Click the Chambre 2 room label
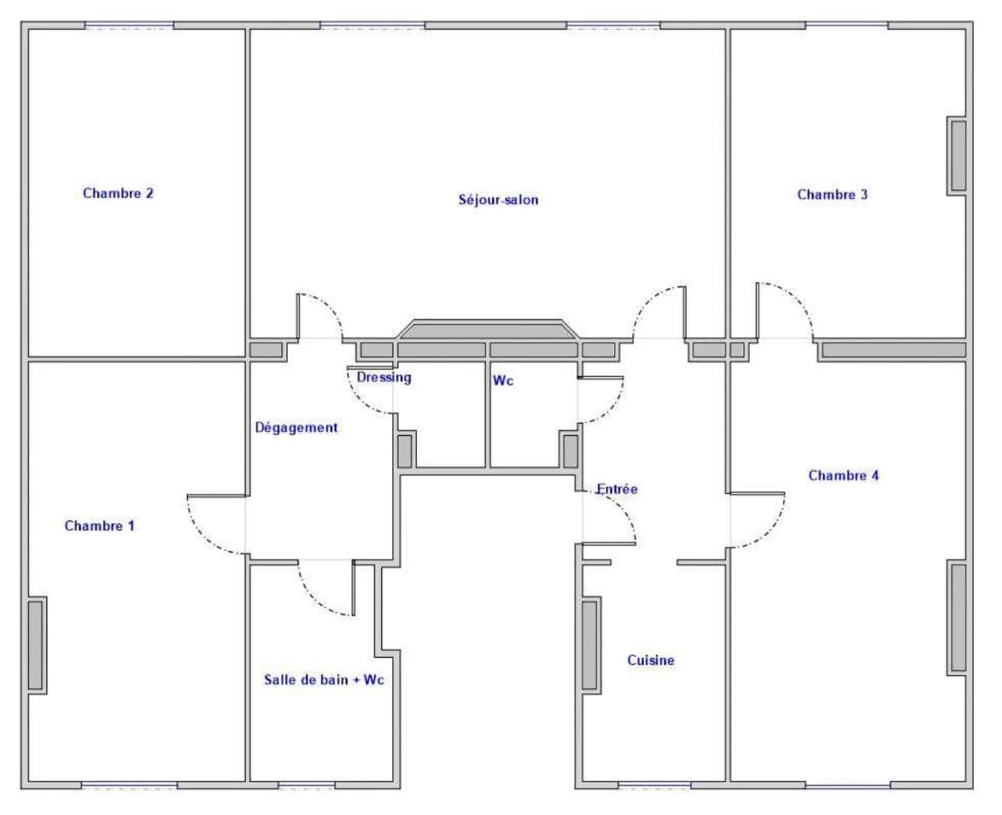click(118, 194)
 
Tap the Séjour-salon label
click(498, 200)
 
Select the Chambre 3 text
click(832, 195)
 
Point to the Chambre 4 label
click(843, 476)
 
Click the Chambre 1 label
click(99, 526)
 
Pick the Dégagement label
click(297, 428)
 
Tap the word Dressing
click(384, 377)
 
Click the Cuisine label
click(650, 661)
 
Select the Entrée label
click(617, 489)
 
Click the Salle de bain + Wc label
click(324, 680)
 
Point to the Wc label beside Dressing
click(503, 381)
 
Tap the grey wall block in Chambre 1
click(37, 645)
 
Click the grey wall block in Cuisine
click(590, 645)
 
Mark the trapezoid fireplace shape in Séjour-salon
click(488, 329)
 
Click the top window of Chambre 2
click(129, 25)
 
